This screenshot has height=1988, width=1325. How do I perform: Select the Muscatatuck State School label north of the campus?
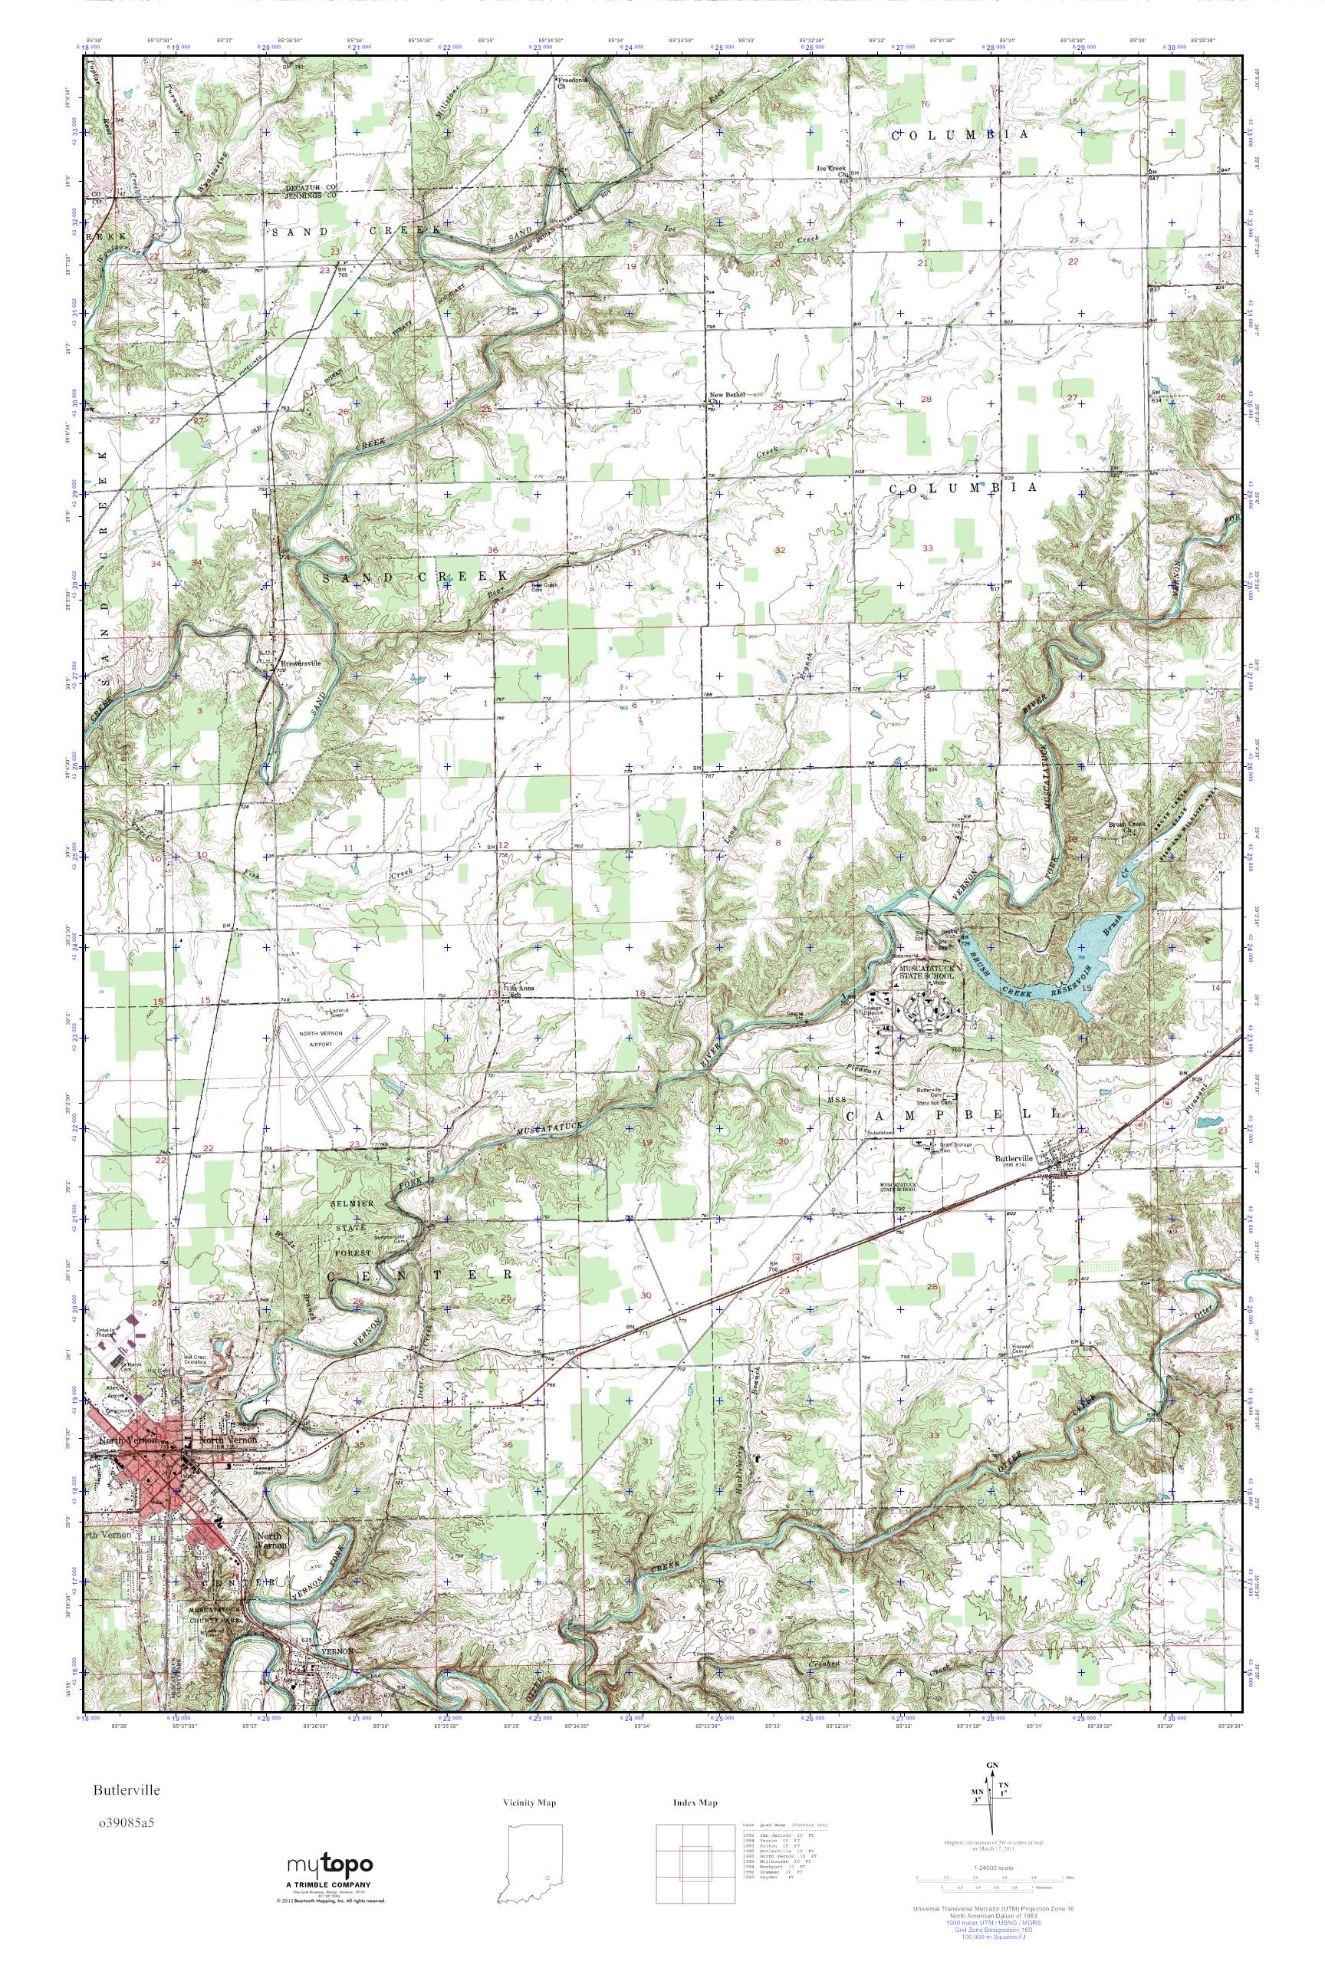[x=925, y=971]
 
